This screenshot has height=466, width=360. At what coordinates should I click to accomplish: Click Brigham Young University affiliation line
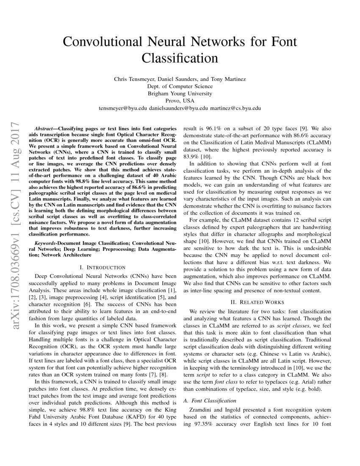(x=180, y=94)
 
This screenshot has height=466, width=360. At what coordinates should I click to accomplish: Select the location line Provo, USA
(x=180, y=101)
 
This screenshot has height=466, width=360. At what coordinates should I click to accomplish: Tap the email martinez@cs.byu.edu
(x=236, y=108)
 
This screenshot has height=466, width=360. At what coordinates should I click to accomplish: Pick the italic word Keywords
(x=45, y=244)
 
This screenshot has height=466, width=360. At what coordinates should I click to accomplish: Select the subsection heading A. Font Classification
(x=209, y=400)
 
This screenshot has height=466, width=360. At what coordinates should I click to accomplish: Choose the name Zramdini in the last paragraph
(x=203, y=410)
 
